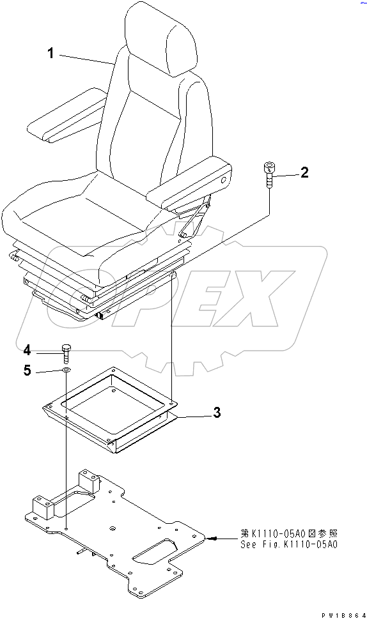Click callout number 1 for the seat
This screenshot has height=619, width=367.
click(x=51, y=54)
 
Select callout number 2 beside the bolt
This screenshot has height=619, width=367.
click(x=304, y=172)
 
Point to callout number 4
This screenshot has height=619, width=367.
click(x=27, y=350)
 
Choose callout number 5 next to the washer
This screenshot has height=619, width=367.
click(x=27, y=371)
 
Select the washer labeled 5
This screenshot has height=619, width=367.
click(x=66, y=371)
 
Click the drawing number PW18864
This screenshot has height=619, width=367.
click(x=343, y=613)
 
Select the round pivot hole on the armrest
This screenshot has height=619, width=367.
click(x=224, y=181)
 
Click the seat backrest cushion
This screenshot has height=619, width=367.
click(x=153, y=121)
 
